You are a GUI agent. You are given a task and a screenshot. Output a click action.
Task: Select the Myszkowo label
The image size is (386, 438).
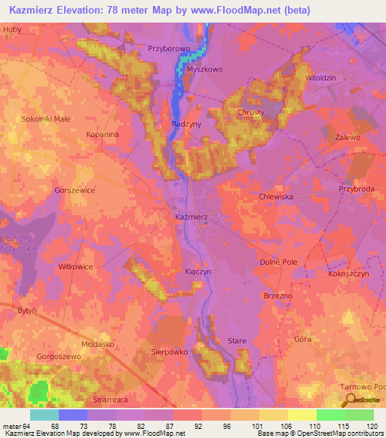pyautogui.click(x=206, y=68)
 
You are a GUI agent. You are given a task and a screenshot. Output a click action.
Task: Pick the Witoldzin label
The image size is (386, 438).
pyautogui.click(x=320, y=78)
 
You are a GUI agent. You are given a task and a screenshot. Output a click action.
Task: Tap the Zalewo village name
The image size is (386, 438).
pyautogui.click(x=348, y=138)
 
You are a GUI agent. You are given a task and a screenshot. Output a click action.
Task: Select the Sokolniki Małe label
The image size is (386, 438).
pyautogui.click(x=46, y=119)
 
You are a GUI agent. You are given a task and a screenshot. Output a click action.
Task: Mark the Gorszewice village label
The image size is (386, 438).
pyautogui.click(x=75, y=190)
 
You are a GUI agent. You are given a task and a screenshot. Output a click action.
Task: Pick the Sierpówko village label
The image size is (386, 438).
pyautogui.click(x=168, y=351)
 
